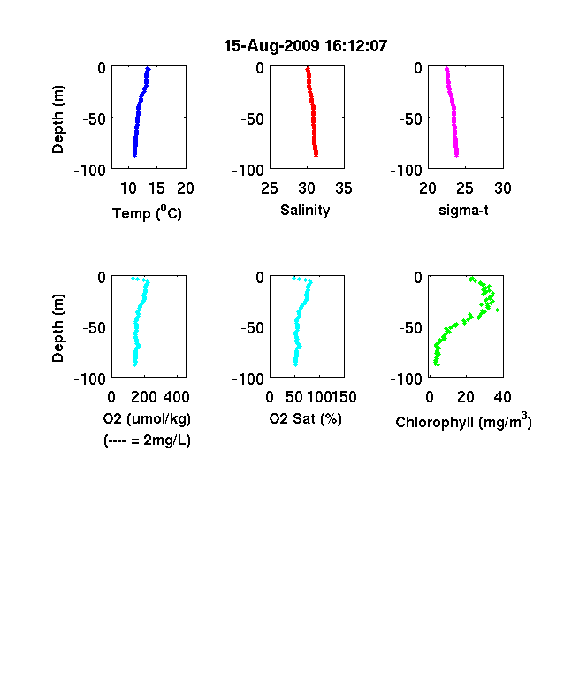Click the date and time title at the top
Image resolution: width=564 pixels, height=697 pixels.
[x=306, y=46]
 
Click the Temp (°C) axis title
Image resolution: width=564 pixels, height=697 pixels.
[x=147, y=212]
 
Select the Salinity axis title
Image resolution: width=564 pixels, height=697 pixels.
[x=305, y=210]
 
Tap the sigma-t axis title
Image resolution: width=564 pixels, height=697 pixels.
[x=463, y=210]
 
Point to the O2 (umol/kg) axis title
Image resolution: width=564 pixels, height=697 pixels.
[x=147, y=418]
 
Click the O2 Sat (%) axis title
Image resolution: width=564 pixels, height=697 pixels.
[x=306, y=418]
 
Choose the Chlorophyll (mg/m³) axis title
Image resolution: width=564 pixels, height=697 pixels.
[x=463, y=421]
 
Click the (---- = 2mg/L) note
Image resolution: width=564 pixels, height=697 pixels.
[x=147, y=440]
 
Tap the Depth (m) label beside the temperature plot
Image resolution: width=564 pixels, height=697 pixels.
[x=57, y=119]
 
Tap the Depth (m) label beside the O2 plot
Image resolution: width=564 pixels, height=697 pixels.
[x=57, y=327]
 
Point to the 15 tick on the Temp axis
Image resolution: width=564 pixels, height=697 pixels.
[x=156, y=188]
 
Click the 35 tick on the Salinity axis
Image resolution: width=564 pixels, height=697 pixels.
[x=344, y=188]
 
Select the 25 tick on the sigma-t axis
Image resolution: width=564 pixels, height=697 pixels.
[x=464, y=188]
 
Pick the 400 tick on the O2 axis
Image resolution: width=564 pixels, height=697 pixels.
[x=177, y=397]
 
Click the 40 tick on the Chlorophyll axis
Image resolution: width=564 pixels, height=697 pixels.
[x=502, y=397]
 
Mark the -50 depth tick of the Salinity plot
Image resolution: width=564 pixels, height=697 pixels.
[x=252, y=119]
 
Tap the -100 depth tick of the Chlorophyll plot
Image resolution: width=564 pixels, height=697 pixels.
[x=406, y=379]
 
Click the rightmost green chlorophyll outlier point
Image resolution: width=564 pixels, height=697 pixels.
[x=498, y=310]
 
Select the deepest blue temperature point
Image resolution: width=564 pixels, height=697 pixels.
[x=134, y=155]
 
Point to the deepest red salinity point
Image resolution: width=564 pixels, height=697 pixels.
[x=316, y=155]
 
